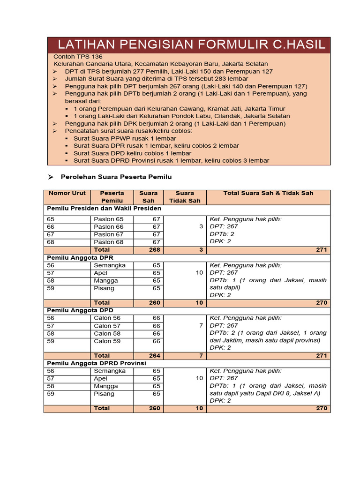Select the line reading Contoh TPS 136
pos(77,56)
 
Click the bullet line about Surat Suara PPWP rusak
pos(125,138)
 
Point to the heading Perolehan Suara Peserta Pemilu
pos(116,177)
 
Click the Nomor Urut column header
pos(67,193)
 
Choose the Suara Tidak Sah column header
pos(184,197)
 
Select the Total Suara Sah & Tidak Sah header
pos(268,193)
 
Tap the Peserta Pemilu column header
pos(112,197)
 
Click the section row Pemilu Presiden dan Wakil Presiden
pos(104,208)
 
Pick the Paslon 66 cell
pos(109,227)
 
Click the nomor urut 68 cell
pos(51,242)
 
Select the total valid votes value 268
pos(154,250)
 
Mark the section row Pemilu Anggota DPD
pos(80,310)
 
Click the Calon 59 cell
pos(107,341)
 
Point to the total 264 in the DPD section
pos(154,356)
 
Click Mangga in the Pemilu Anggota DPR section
pos(106,280)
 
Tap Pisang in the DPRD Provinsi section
pos(104,394)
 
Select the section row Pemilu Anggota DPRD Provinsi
pos(96,363)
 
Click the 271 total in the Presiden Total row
pos(321,250)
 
